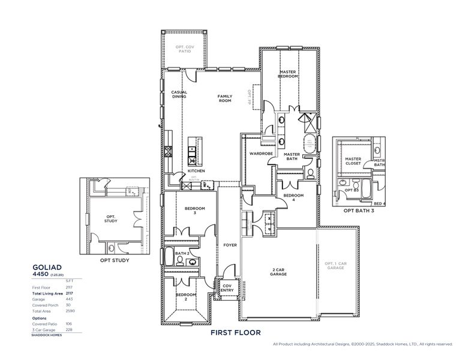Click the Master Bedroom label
pyautogui.click(x=288, y=74)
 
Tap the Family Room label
pyautogui.click(x=224, y=98)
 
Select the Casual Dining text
pyautogui.click(x=179, y=94)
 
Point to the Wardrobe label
pyautogui.click(x=261, y=154)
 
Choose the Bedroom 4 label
pyautogui.click(x=293, y=197)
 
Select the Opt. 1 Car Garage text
pyautogui.click(x=336, y=266)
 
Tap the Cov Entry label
pyautogui.click(x=227, y=287)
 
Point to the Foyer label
pyautogui.click(x=230, y=245)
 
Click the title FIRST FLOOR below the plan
pyautogui.click(x=235, y=332)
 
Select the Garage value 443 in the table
pyautogui.click(x=68, y=298)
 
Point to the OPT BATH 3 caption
pyautogui.click(x=359, y=211)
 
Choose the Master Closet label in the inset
pyautogui.click(x=353, y=161)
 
